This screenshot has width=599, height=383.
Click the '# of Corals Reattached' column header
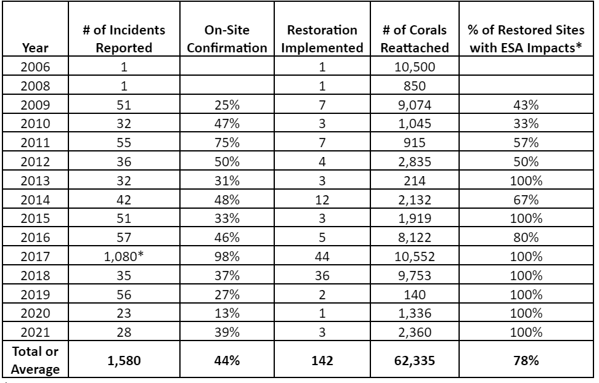[x=415, y=39]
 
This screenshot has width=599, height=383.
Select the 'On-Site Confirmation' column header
[x=227, y=39]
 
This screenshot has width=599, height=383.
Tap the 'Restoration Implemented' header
[x=322, y=39]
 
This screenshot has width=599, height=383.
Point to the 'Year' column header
[x=35, y=48]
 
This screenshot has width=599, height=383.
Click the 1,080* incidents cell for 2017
[x=124, y=256]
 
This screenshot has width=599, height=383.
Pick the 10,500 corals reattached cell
[x=415, y=67]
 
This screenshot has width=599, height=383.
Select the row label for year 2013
[x=35, y=180]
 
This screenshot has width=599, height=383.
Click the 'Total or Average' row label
[x=35, y=360]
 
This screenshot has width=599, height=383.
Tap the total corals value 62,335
[x=415, y=360]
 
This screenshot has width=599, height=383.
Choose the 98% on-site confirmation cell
[x=227, y=256]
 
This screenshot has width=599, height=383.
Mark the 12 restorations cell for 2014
[x=322, y=200]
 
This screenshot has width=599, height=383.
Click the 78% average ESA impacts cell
[x=526, y=360]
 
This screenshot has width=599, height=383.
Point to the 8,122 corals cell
[x=415, y=238]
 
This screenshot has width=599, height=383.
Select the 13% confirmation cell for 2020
[x=227, y=313]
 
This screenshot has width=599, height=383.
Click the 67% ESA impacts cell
[x=526, y=200]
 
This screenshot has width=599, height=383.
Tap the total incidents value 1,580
[x=124, y=360]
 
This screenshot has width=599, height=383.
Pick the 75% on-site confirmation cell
[x=227, y=142]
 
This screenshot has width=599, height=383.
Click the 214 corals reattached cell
[x=415, y=180]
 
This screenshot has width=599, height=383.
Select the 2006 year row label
[x=35, y=67]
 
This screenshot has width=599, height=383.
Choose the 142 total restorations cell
[x=322, y=360]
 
